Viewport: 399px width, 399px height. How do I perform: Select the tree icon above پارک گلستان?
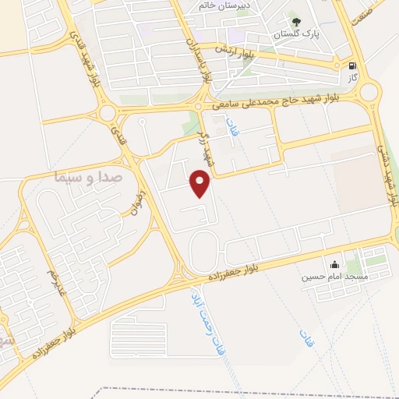[x=295, y=21]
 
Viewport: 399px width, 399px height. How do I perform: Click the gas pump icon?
[x=355, y=67]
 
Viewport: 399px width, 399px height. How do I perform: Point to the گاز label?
[x=354, y=79]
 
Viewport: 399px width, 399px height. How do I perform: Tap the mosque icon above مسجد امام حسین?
[x=335, y=264]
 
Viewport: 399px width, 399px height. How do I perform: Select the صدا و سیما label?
[x=87, y=177]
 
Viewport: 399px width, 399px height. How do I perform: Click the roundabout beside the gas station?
[x=369, y=93]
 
